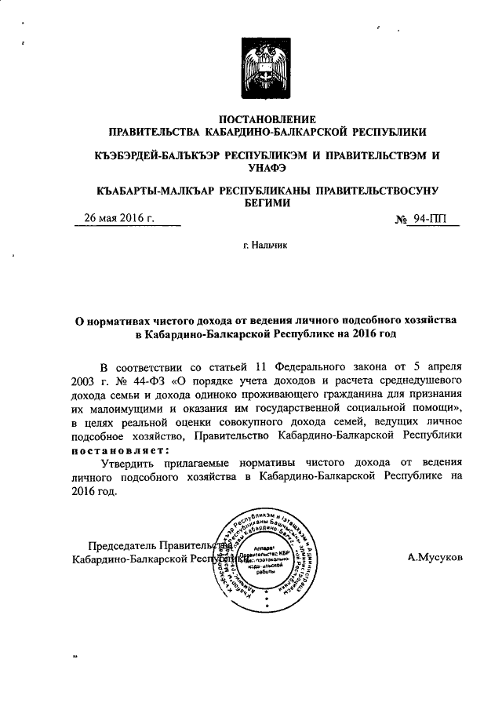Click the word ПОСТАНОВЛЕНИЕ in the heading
(x=266, y=118)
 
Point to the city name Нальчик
(x=270, y=246)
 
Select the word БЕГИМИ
(x=266, y=202)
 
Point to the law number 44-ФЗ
(x=143, y=381)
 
